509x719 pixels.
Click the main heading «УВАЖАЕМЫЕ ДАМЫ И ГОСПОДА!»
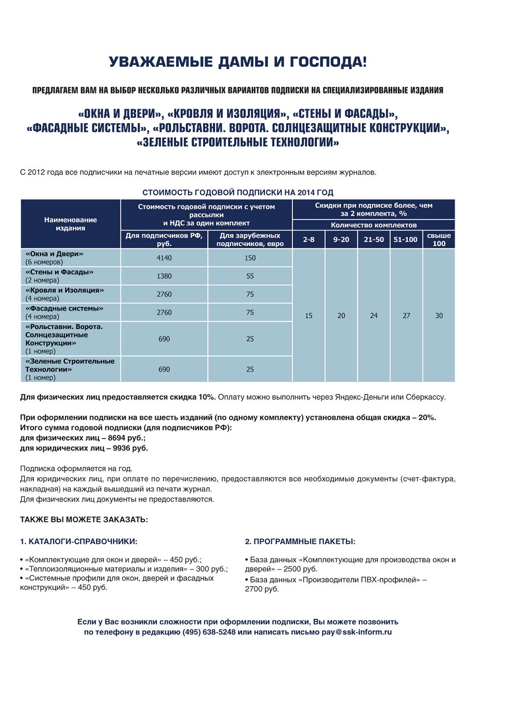[x=238, y=62]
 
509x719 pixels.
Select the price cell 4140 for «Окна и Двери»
[x=164, y=258]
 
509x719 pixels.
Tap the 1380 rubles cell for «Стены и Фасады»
[x=164, y=276]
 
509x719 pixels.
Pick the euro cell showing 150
[x=250, y=258]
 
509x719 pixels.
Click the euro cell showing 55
[x=250, y=276]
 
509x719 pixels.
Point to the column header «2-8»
[x=309, y=239]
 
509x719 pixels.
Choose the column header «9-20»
[x=341, y=239]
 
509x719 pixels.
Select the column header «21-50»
[x=373, y=239]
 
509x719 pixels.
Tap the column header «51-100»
[x=406, y=239]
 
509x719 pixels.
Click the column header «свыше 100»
[x=439, y=239]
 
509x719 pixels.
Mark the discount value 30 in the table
[x=439, y=316]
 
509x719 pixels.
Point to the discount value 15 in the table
[x=309, y=316]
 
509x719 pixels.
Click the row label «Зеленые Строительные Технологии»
[x=70, y=365]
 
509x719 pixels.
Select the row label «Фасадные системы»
[x=64, y=308]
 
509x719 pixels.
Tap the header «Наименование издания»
[x=71, y=224]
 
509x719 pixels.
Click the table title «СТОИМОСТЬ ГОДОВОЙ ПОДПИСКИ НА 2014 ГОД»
[x=238, y=193]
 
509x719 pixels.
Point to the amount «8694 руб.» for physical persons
[x=127, y=438]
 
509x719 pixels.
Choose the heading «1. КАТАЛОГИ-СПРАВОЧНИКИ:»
[x=78, y=541]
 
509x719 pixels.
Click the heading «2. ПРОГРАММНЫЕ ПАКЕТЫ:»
[x=300, y=541]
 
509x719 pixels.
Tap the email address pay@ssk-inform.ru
[x=356, y=632]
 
